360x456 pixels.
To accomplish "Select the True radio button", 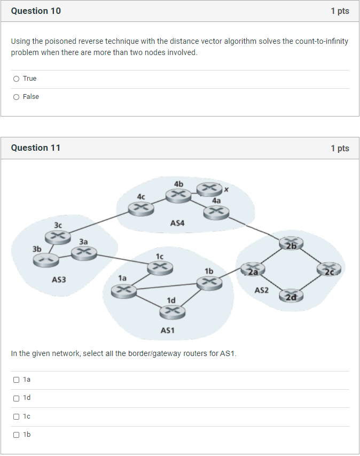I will click(x=17, y=79).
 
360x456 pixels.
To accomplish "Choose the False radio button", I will click(x=17, y=97).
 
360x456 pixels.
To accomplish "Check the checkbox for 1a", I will click(x=17, y=380).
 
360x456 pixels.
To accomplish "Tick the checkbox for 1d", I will click(x=17, y=398).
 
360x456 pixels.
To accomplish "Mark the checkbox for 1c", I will click(x=17, y=416).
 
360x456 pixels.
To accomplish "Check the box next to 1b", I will click(x=17, y=435).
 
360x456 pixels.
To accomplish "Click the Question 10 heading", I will click(x=36, y=11).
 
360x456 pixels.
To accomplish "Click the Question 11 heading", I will click(x=36, y=148).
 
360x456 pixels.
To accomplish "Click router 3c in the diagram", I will click(x=58, y=236).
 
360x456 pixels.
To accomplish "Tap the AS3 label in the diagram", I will click(x=59, y=280).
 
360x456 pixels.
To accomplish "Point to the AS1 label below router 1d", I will click(x=168, y=330).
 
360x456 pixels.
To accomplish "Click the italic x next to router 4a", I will click(x=226, y=189).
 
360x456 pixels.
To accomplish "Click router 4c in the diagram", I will click(x=141, y=206).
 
